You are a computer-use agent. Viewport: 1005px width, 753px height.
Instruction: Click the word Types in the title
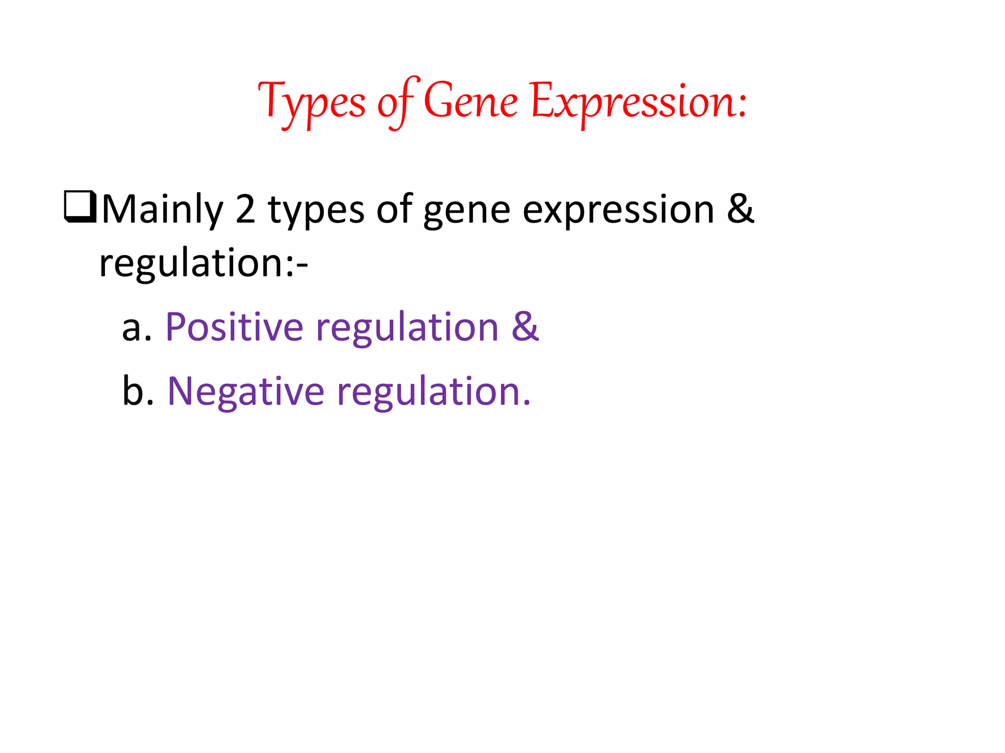(x=312, y=103)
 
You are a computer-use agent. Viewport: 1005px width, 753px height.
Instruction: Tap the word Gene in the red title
(x=470, y=101)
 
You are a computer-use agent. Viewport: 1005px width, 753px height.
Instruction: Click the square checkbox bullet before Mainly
(x=80, y=207)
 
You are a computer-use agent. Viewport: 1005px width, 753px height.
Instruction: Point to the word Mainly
(x=162, y=210)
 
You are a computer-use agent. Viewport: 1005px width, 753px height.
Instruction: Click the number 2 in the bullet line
(x=245, y=210)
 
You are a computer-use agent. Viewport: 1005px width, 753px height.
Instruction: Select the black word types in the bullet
(x=316, y=211)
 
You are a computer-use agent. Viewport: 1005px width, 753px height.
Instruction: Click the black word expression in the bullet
(x=618, y=211)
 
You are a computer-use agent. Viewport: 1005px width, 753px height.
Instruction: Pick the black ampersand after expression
(x=740, y=209)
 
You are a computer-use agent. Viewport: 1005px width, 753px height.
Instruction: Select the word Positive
(x=235, y=327)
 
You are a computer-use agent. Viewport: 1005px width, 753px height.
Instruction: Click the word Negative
(x=245, y=392)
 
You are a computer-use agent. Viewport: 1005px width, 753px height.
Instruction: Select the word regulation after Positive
(x=407, y=328)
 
